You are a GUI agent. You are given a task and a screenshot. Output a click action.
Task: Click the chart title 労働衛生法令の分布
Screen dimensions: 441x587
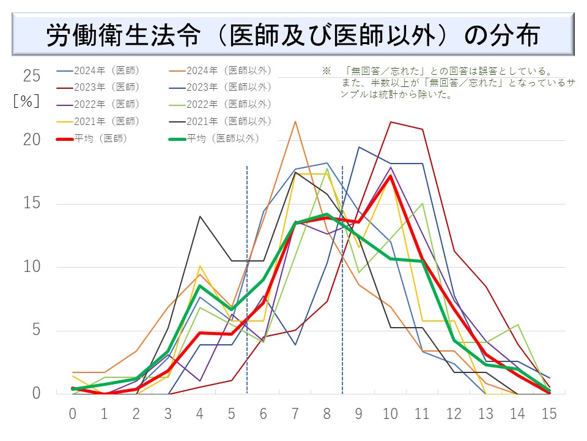[293, 36]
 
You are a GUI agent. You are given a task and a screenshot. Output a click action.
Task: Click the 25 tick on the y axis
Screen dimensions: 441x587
[32, 76]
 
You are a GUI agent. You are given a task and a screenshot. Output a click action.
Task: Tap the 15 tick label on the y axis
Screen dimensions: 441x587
[32, 203]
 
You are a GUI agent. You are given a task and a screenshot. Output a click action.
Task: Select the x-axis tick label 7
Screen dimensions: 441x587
[295, 413]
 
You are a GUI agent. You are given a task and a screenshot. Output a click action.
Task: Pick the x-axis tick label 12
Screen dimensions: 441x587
[454, 413]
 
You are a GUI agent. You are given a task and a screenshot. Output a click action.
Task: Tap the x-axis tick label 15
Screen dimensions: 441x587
[549, 413]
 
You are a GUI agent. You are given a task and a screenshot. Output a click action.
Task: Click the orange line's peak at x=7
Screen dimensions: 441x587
[295, 121]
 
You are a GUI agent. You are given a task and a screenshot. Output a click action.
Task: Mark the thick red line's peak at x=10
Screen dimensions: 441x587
[391, 176]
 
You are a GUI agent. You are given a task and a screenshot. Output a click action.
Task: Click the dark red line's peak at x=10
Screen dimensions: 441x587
[391, 122]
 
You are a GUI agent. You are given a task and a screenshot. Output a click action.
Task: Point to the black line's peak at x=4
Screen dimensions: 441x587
[200, 216]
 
